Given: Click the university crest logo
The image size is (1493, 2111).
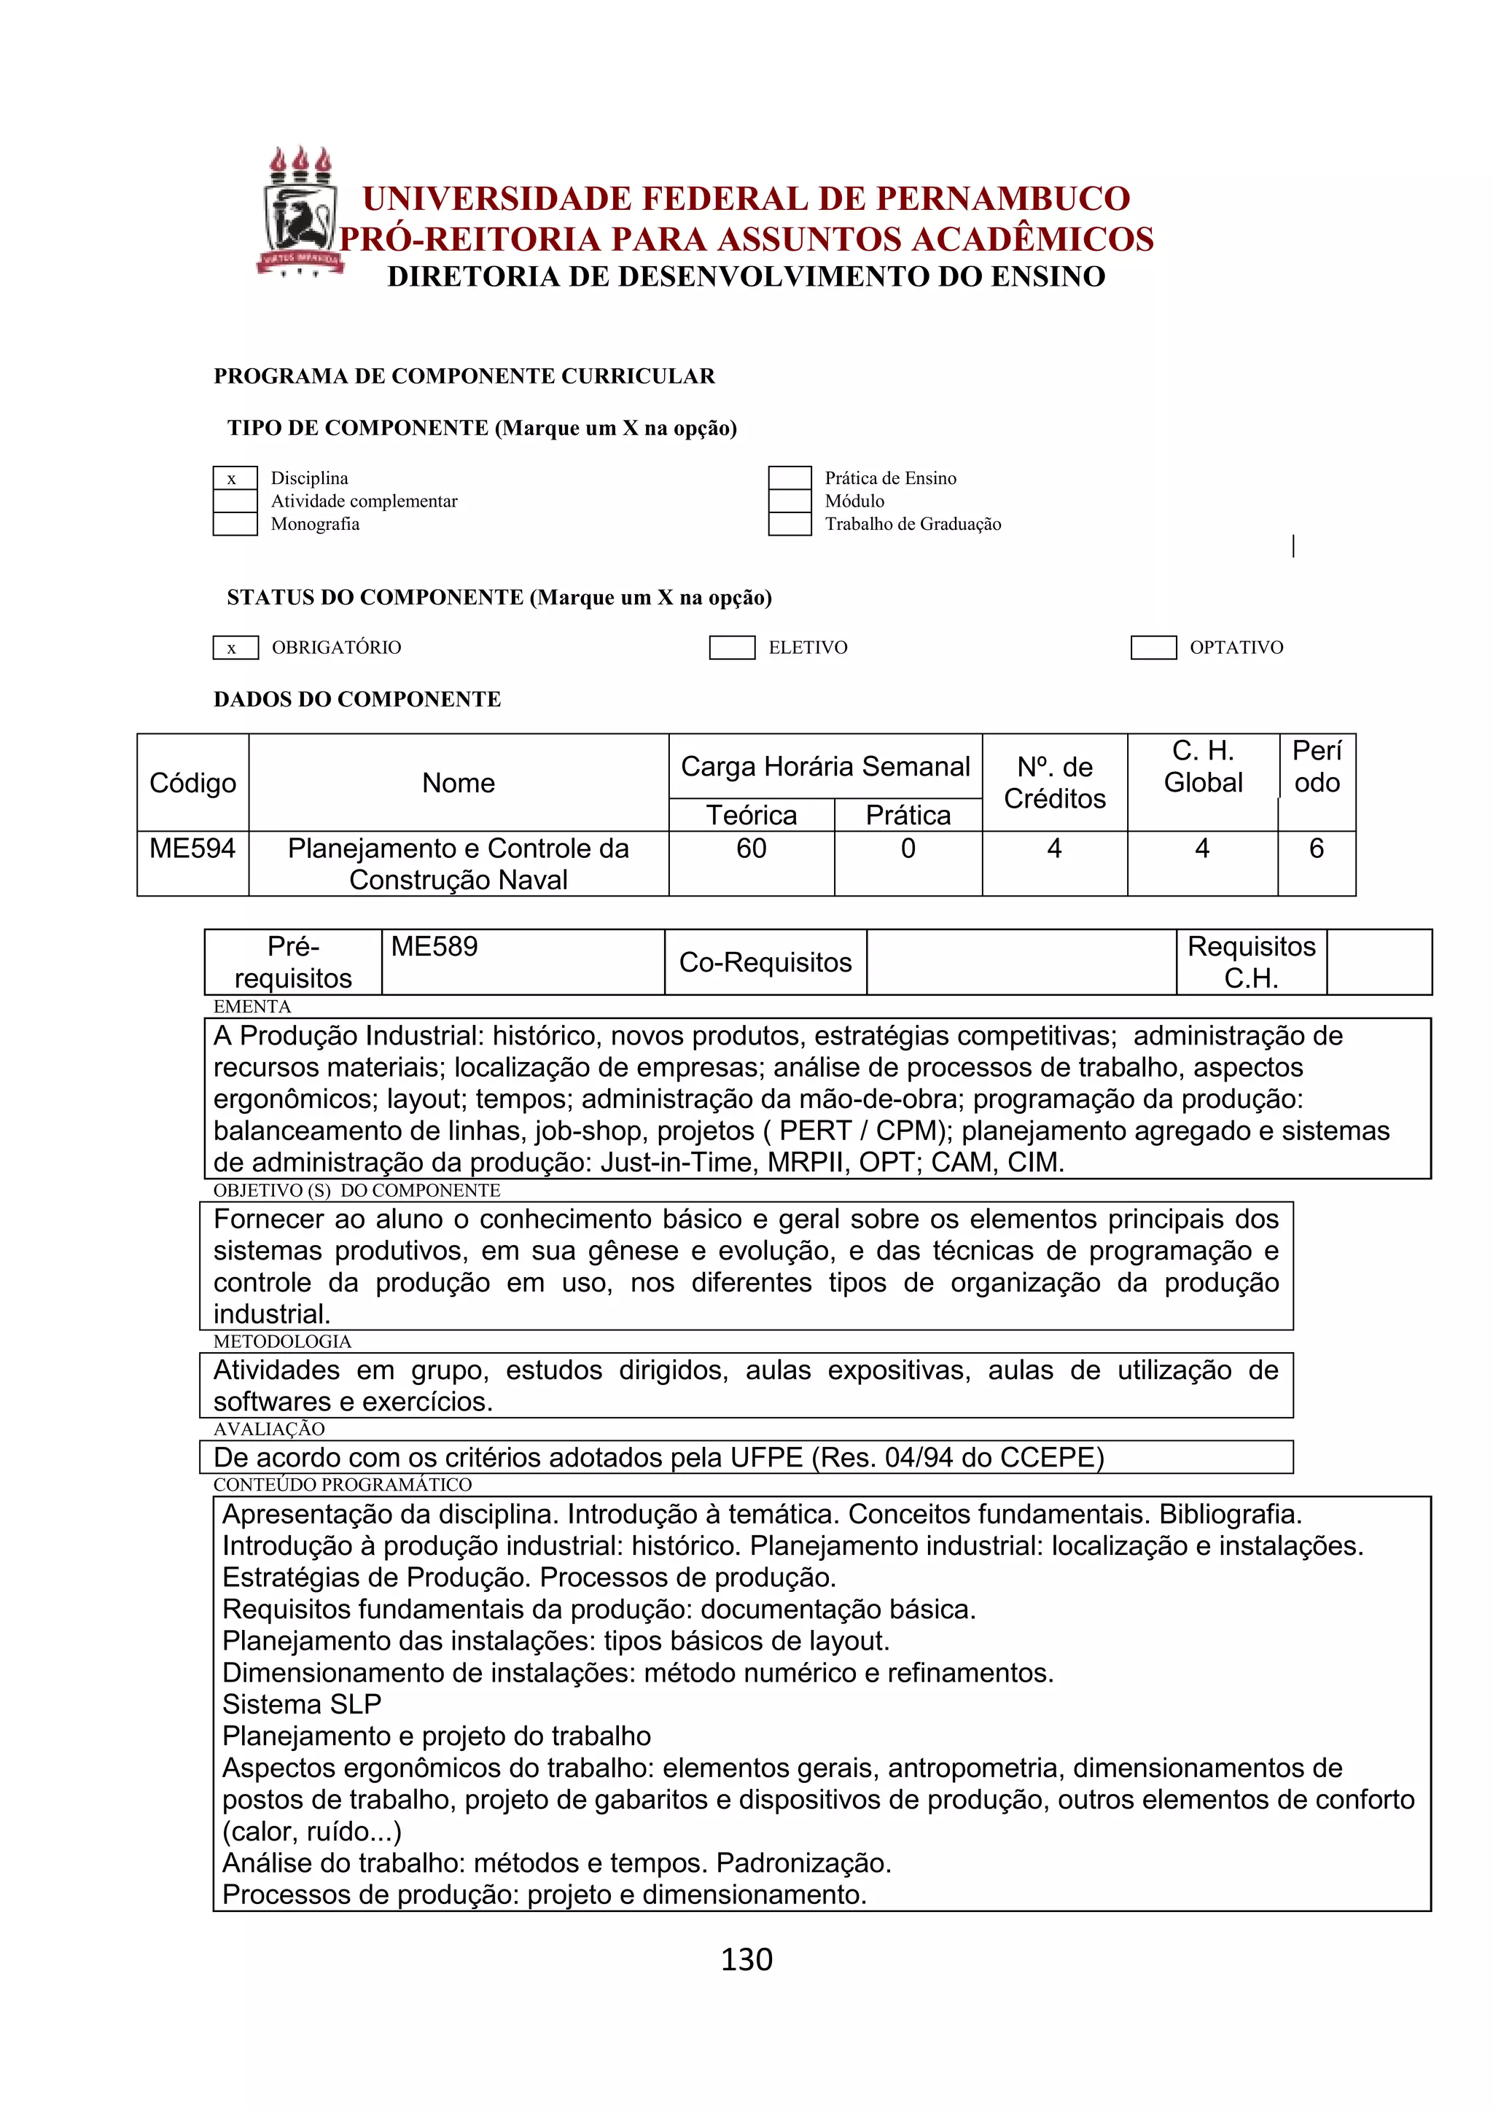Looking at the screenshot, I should [x=300, y=212].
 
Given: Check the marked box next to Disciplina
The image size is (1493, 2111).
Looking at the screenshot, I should [x=235, y=478].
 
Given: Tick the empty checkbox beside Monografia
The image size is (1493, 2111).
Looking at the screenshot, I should [x=235, y=524].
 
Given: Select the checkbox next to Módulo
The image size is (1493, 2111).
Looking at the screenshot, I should [x=790, y=501].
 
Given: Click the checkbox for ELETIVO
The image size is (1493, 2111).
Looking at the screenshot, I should [x=732, y=647].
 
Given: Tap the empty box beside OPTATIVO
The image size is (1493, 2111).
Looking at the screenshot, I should [x=1153, y=647].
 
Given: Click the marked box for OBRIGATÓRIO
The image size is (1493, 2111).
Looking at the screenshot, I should [x=235, y=647].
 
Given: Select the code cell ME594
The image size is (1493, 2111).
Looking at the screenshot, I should [x=192, y=848].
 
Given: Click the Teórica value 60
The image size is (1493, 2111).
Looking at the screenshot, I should [x=751, y=848].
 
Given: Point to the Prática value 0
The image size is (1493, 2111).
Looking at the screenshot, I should [x=908, y=848].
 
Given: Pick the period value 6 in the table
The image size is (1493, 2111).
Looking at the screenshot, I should [x=1316, y=848].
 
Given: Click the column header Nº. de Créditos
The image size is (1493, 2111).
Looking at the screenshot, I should [x=1054, y=782].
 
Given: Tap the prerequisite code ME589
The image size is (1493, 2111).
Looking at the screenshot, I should [x=434, y=946].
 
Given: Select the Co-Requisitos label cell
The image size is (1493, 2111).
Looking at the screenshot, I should [x=765, y=961].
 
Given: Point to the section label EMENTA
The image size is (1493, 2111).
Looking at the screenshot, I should [x=252, y=1007].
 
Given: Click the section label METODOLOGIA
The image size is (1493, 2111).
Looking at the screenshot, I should [x=282, y=1341].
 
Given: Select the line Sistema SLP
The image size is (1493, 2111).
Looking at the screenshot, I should [x=302, y=1704].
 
